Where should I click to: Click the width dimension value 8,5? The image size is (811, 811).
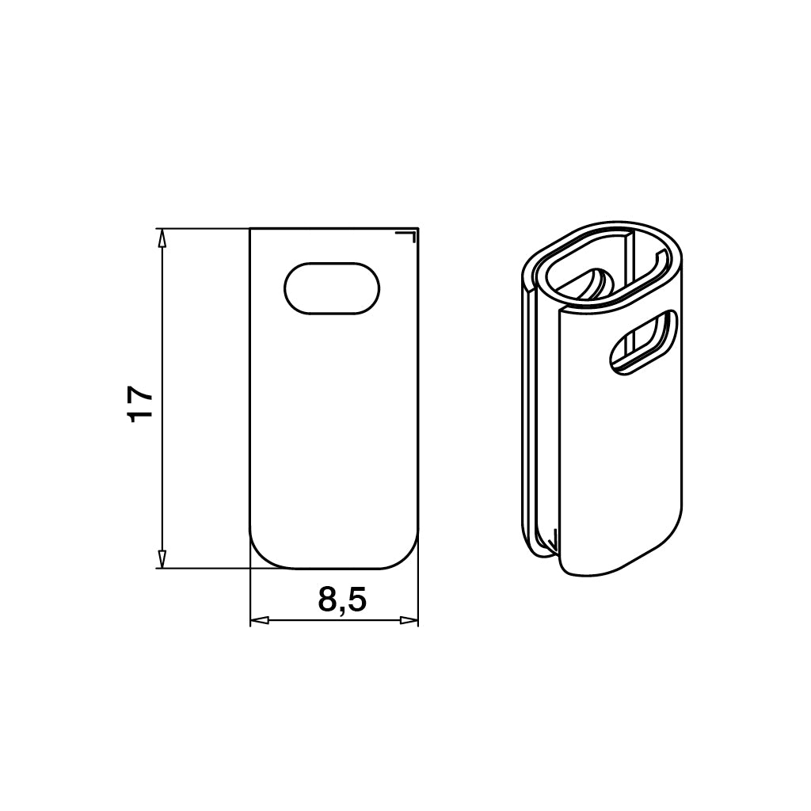coord(342,601)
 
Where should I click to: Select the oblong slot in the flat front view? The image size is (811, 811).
coord(332,288)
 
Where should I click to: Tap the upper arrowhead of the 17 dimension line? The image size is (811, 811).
coord(162,237)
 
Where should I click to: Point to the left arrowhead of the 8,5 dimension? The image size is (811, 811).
coord(258,620)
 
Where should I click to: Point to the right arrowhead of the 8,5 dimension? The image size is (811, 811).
coord(409,620)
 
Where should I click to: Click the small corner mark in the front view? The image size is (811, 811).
coord(409,235)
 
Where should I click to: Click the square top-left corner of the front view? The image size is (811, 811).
coord(251,230)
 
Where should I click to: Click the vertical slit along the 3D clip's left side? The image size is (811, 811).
coord(530,412)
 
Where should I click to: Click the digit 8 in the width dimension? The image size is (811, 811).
coord(328,601)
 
